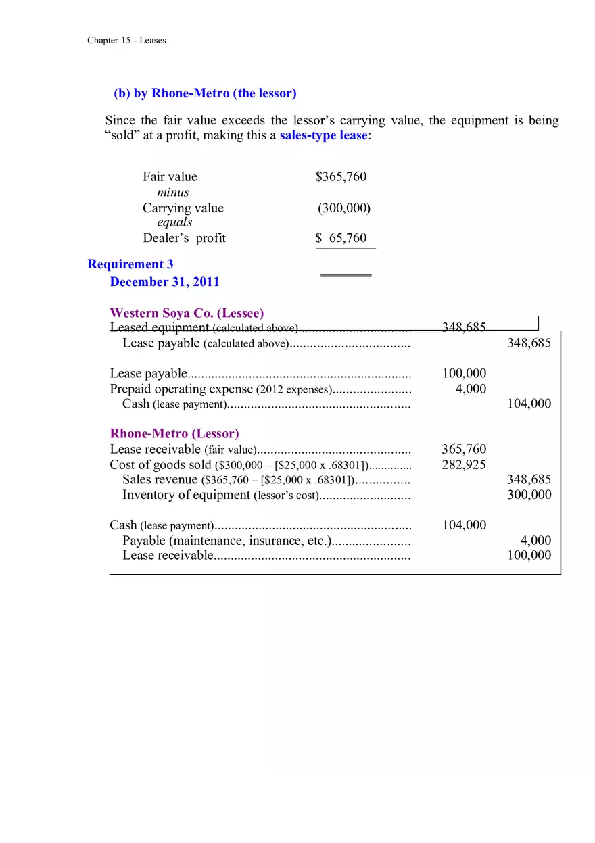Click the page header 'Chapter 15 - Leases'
coord(126,41)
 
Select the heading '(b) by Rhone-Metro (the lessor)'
coord(205,93)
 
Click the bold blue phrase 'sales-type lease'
coord(323,135)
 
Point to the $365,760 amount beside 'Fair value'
coord(341,177)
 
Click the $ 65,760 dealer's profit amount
coord(341,238)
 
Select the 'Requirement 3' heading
coord(130,264)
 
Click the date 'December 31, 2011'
coord(164,282)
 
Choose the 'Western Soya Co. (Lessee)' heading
coord(187,313)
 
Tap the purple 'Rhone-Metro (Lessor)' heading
coord(174,433)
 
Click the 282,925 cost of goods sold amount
coord(463,464)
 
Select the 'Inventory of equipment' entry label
coord(186,495)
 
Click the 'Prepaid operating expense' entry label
coord(181,389)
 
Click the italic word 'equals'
coord(174,222)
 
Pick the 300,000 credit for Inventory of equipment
coord(529,495)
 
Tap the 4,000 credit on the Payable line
coord(535,541)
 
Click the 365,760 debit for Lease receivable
coord(463,450)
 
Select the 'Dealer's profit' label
coord(184,238)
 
